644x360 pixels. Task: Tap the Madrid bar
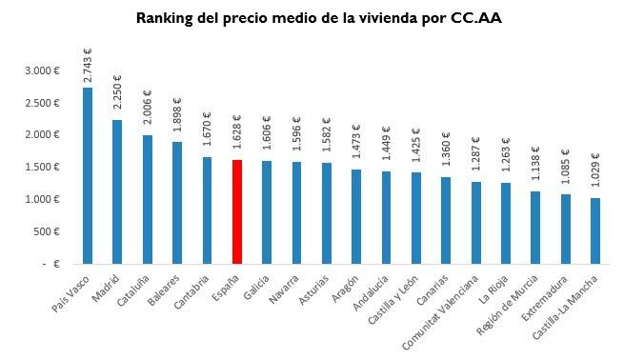(117, 191)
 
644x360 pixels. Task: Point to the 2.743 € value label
(88, 67)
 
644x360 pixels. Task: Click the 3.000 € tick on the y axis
(43, 71)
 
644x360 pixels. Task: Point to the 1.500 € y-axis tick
(43, 168)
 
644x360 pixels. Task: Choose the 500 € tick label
(47, 231)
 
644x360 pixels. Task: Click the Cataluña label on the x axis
(134, 287)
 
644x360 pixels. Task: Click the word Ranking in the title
(165, 18)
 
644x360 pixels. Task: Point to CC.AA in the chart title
(477, 18)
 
